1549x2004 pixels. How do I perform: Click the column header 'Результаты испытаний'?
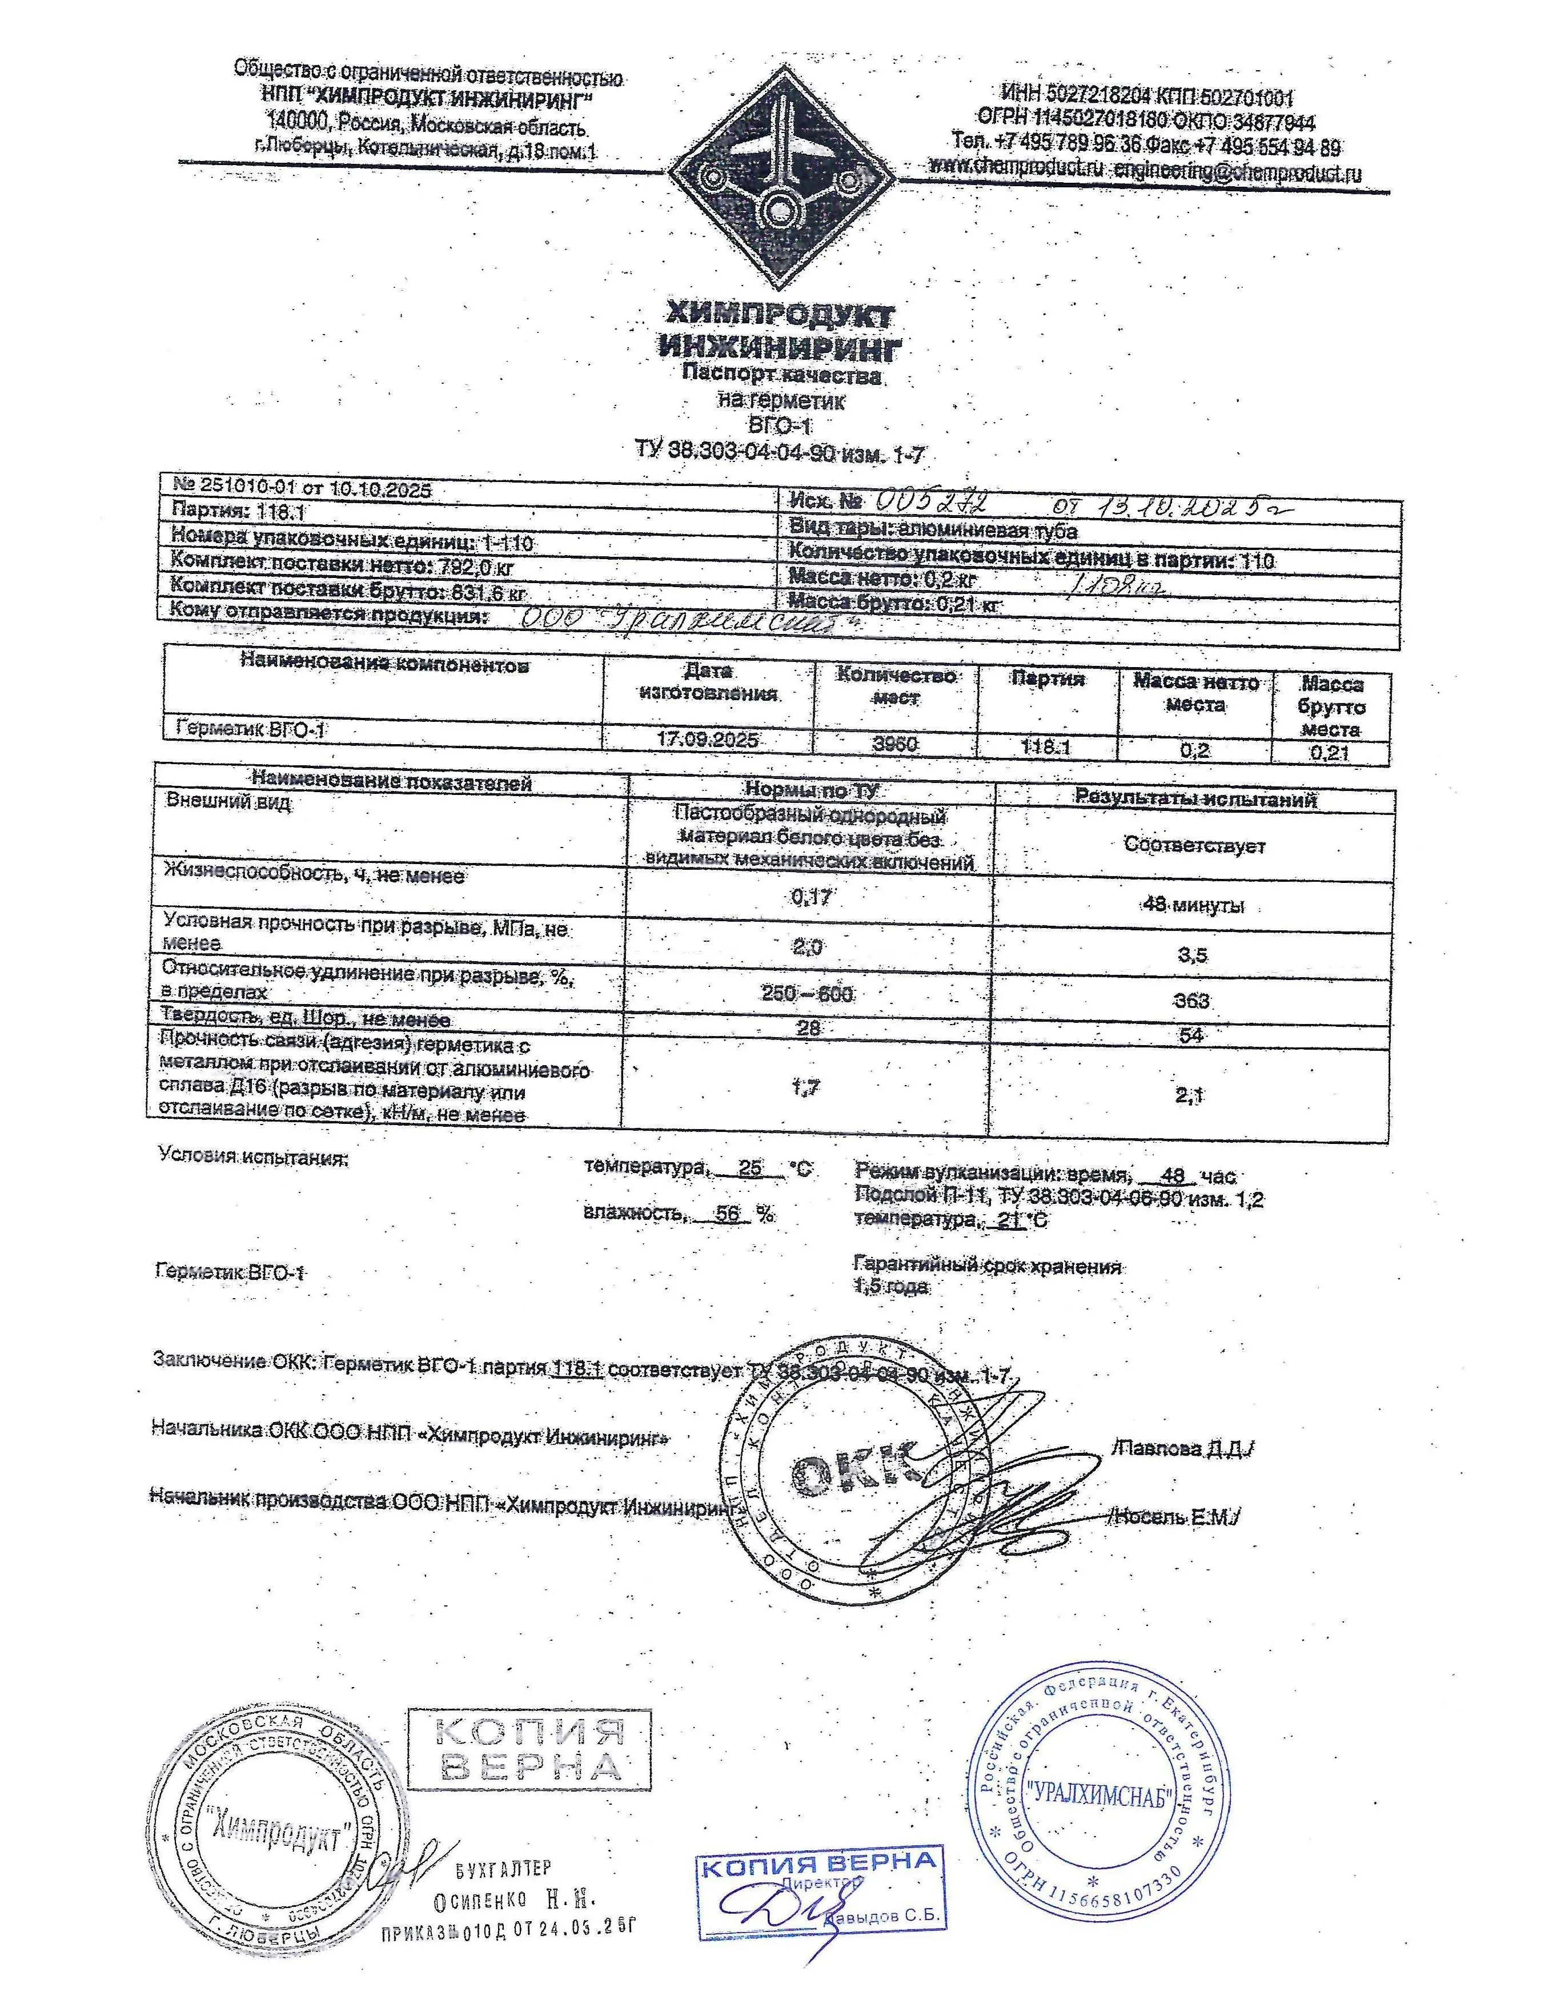coord(1195,799)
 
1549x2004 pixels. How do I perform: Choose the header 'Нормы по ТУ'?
coord(811,790)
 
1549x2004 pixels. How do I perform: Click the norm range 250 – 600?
coord(808,994)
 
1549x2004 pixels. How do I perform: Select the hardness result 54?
coord(1191,1035)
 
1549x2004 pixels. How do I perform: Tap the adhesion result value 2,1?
coord(1191,1094)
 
